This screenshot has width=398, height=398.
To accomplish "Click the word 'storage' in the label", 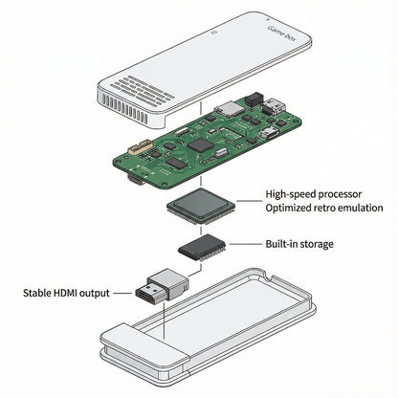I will pyautogui.click(x=315, y=244).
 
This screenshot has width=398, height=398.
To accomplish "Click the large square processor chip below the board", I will pyautogui.click(x=199, y=207).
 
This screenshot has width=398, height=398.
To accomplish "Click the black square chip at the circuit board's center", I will pyautogui.click(x=200, y=144).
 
